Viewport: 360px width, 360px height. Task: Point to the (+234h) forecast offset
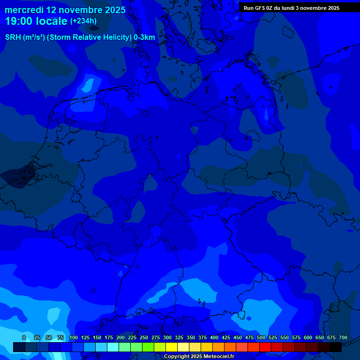(x=83, y=21)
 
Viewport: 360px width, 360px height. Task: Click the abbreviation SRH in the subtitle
(x=13, y=37)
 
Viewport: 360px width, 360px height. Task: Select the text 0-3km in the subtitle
(x=144, y=37)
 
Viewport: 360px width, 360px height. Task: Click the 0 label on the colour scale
(x=24, y=337)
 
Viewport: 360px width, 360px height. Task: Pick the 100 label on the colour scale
(x=74, y=337)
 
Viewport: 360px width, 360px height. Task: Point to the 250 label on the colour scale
(x=144, y=337)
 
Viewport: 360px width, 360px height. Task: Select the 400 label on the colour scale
(x=214, y=337)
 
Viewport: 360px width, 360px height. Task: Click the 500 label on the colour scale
(x=261, y=337)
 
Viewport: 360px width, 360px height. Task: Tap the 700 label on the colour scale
(x=343, y=337)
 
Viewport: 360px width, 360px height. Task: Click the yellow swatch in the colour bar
(x=172, y=347)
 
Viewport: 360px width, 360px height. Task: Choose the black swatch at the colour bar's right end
(x=336, y=347)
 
